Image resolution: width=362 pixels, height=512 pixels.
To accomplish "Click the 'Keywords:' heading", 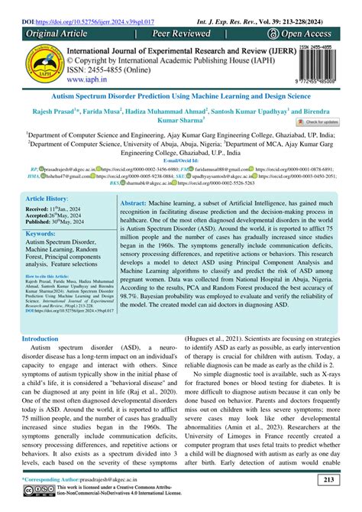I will click(x=39, y=233).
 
